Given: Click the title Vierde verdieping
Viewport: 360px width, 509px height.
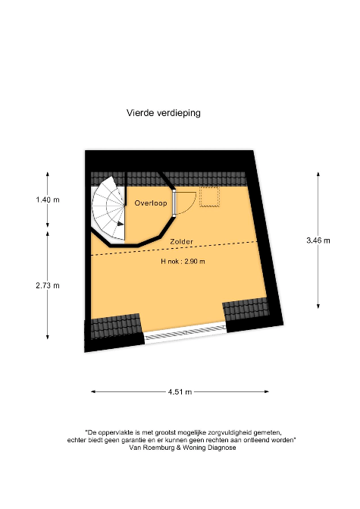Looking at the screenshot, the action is (164, 113).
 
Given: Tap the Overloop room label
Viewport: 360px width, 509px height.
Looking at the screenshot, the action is (151, 203).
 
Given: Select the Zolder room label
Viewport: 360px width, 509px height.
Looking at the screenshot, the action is (181, 241).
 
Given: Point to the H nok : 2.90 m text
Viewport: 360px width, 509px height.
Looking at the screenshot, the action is (183, 261).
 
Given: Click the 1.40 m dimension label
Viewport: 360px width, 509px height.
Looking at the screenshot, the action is (48, 200).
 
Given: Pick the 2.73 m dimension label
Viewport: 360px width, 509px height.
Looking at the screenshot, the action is (48, 285).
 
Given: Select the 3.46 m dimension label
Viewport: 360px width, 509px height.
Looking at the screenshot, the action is (318, 240).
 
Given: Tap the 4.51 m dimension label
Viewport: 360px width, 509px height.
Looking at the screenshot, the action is (180, 392).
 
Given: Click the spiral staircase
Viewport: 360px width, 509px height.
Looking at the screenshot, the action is (108, 209).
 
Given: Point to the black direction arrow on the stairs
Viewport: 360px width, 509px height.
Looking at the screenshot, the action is (121, 224).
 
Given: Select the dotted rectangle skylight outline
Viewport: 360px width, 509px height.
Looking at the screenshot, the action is (209, 196).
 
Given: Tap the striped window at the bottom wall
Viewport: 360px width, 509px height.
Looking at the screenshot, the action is (185, 333).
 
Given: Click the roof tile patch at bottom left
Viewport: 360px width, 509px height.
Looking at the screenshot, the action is (115, 326).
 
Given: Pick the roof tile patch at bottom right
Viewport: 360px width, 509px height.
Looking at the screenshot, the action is (246, 311).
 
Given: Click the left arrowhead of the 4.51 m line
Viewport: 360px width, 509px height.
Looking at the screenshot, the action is (93, 392).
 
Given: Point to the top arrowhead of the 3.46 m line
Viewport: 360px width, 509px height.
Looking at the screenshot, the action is (318, 174).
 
